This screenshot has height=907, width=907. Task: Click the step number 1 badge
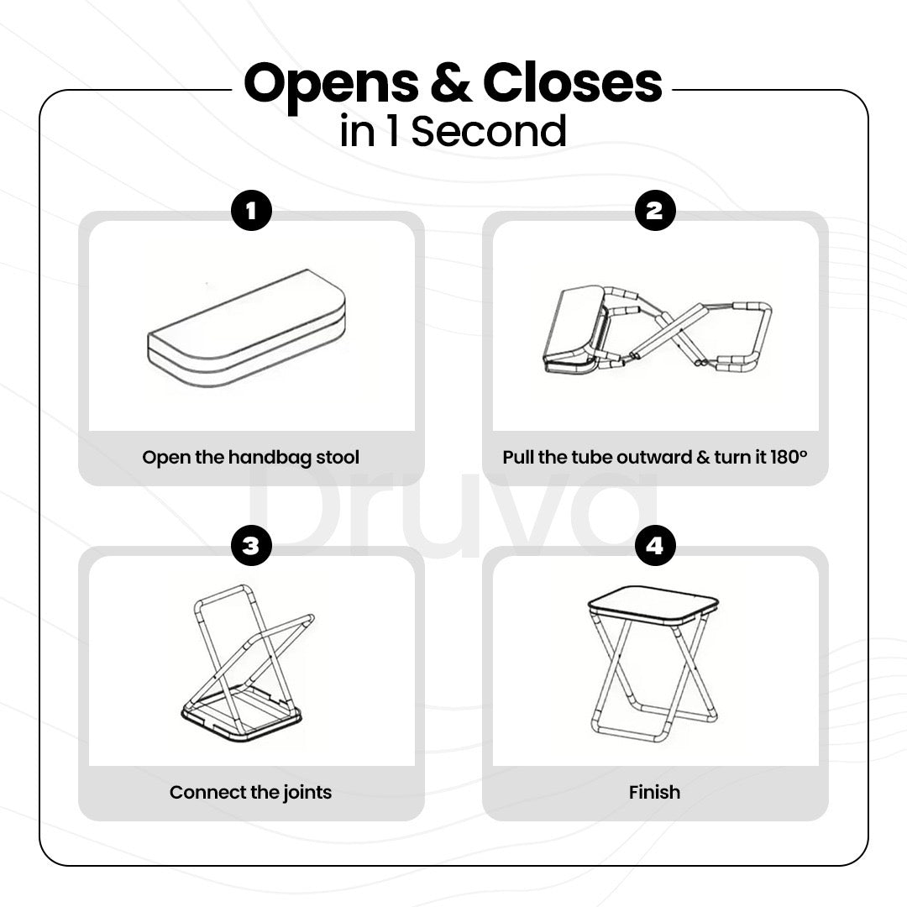[251, 211]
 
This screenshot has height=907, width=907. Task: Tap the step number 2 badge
[655, 211]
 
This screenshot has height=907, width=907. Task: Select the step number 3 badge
[251, 546]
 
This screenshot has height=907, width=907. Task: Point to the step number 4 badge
[655, 546]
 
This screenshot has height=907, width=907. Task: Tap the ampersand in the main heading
[451, 82]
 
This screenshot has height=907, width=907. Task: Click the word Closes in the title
[572, 82]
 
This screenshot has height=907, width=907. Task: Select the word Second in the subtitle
[488, 131]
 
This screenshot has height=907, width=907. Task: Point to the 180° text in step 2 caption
[789, 457]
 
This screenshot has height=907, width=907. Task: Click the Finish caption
[654, 792]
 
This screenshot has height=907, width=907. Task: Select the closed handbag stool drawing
[246, 328]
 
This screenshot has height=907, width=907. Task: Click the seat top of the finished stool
[653, 605]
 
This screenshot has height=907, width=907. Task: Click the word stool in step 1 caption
[338, 457]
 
